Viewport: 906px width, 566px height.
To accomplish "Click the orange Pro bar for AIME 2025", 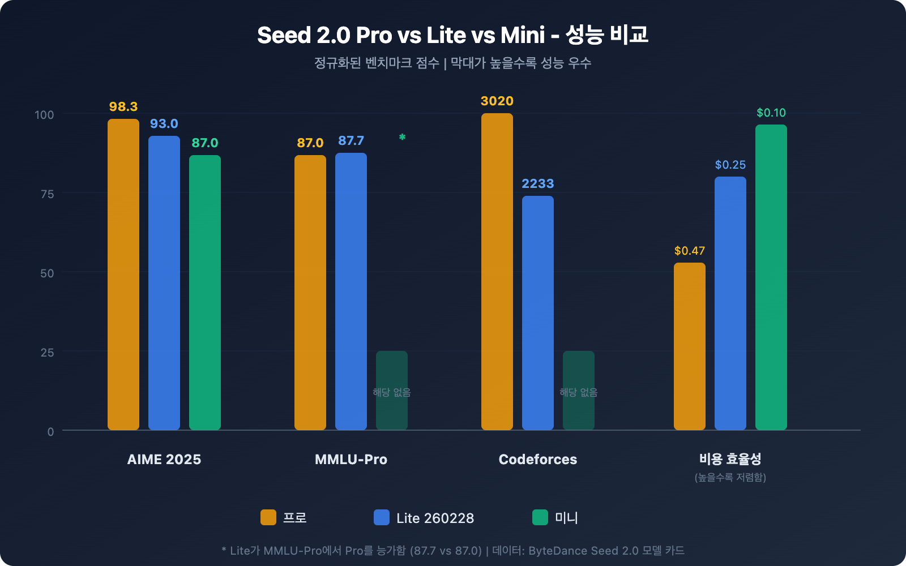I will [x=123, y=275].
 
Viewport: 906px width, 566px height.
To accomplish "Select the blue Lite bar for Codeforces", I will [x=538, y=312].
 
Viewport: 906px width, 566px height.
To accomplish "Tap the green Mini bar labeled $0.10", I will [x=771, y=277].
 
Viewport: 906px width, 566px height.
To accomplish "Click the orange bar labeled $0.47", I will [x=690, y=346].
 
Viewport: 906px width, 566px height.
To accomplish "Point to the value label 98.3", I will [x=123, y=106].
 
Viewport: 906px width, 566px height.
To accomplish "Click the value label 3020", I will [x=497, y=101].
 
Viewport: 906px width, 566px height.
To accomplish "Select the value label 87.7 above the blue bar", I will [x=351, y=140].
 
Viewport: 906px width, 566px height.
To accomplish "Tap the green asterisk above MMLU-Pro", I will [x=402, y=137].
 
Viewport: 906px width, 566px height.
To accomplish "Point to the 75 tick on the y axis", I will [x=47, y=194].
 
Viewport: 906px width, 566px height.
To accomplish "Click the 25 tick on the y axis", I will [x=47, y=353].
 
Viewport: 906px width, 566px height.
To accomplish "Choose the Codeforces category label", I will [x=538, y=459].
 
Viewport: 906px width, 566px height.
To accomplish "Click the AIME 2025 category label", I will [x=164, y=459].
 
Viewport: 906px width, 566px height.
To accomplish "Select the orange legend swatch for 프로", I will [x=268, y=517].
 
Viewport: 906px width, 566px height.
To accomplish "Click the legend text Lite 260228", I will [x=435, y=518].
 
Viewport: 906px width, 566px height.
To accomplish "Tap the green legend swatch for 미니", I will [x=540, y=517].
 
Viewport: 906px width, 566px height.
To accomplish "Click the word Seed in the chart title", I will [x=284, y=35].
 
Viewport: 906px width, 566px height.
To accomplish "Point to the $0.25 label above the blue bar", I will [x=730, y=165].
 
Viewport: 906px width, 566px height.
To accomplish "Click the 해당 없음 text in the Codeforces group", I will [x=579, y=392].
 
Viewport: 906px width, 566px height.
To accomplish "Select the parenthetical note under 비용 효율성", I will [x=730, y=477].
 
